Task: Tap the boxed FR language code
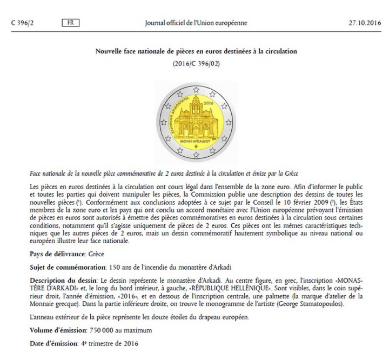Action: (x=70, y=23)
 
